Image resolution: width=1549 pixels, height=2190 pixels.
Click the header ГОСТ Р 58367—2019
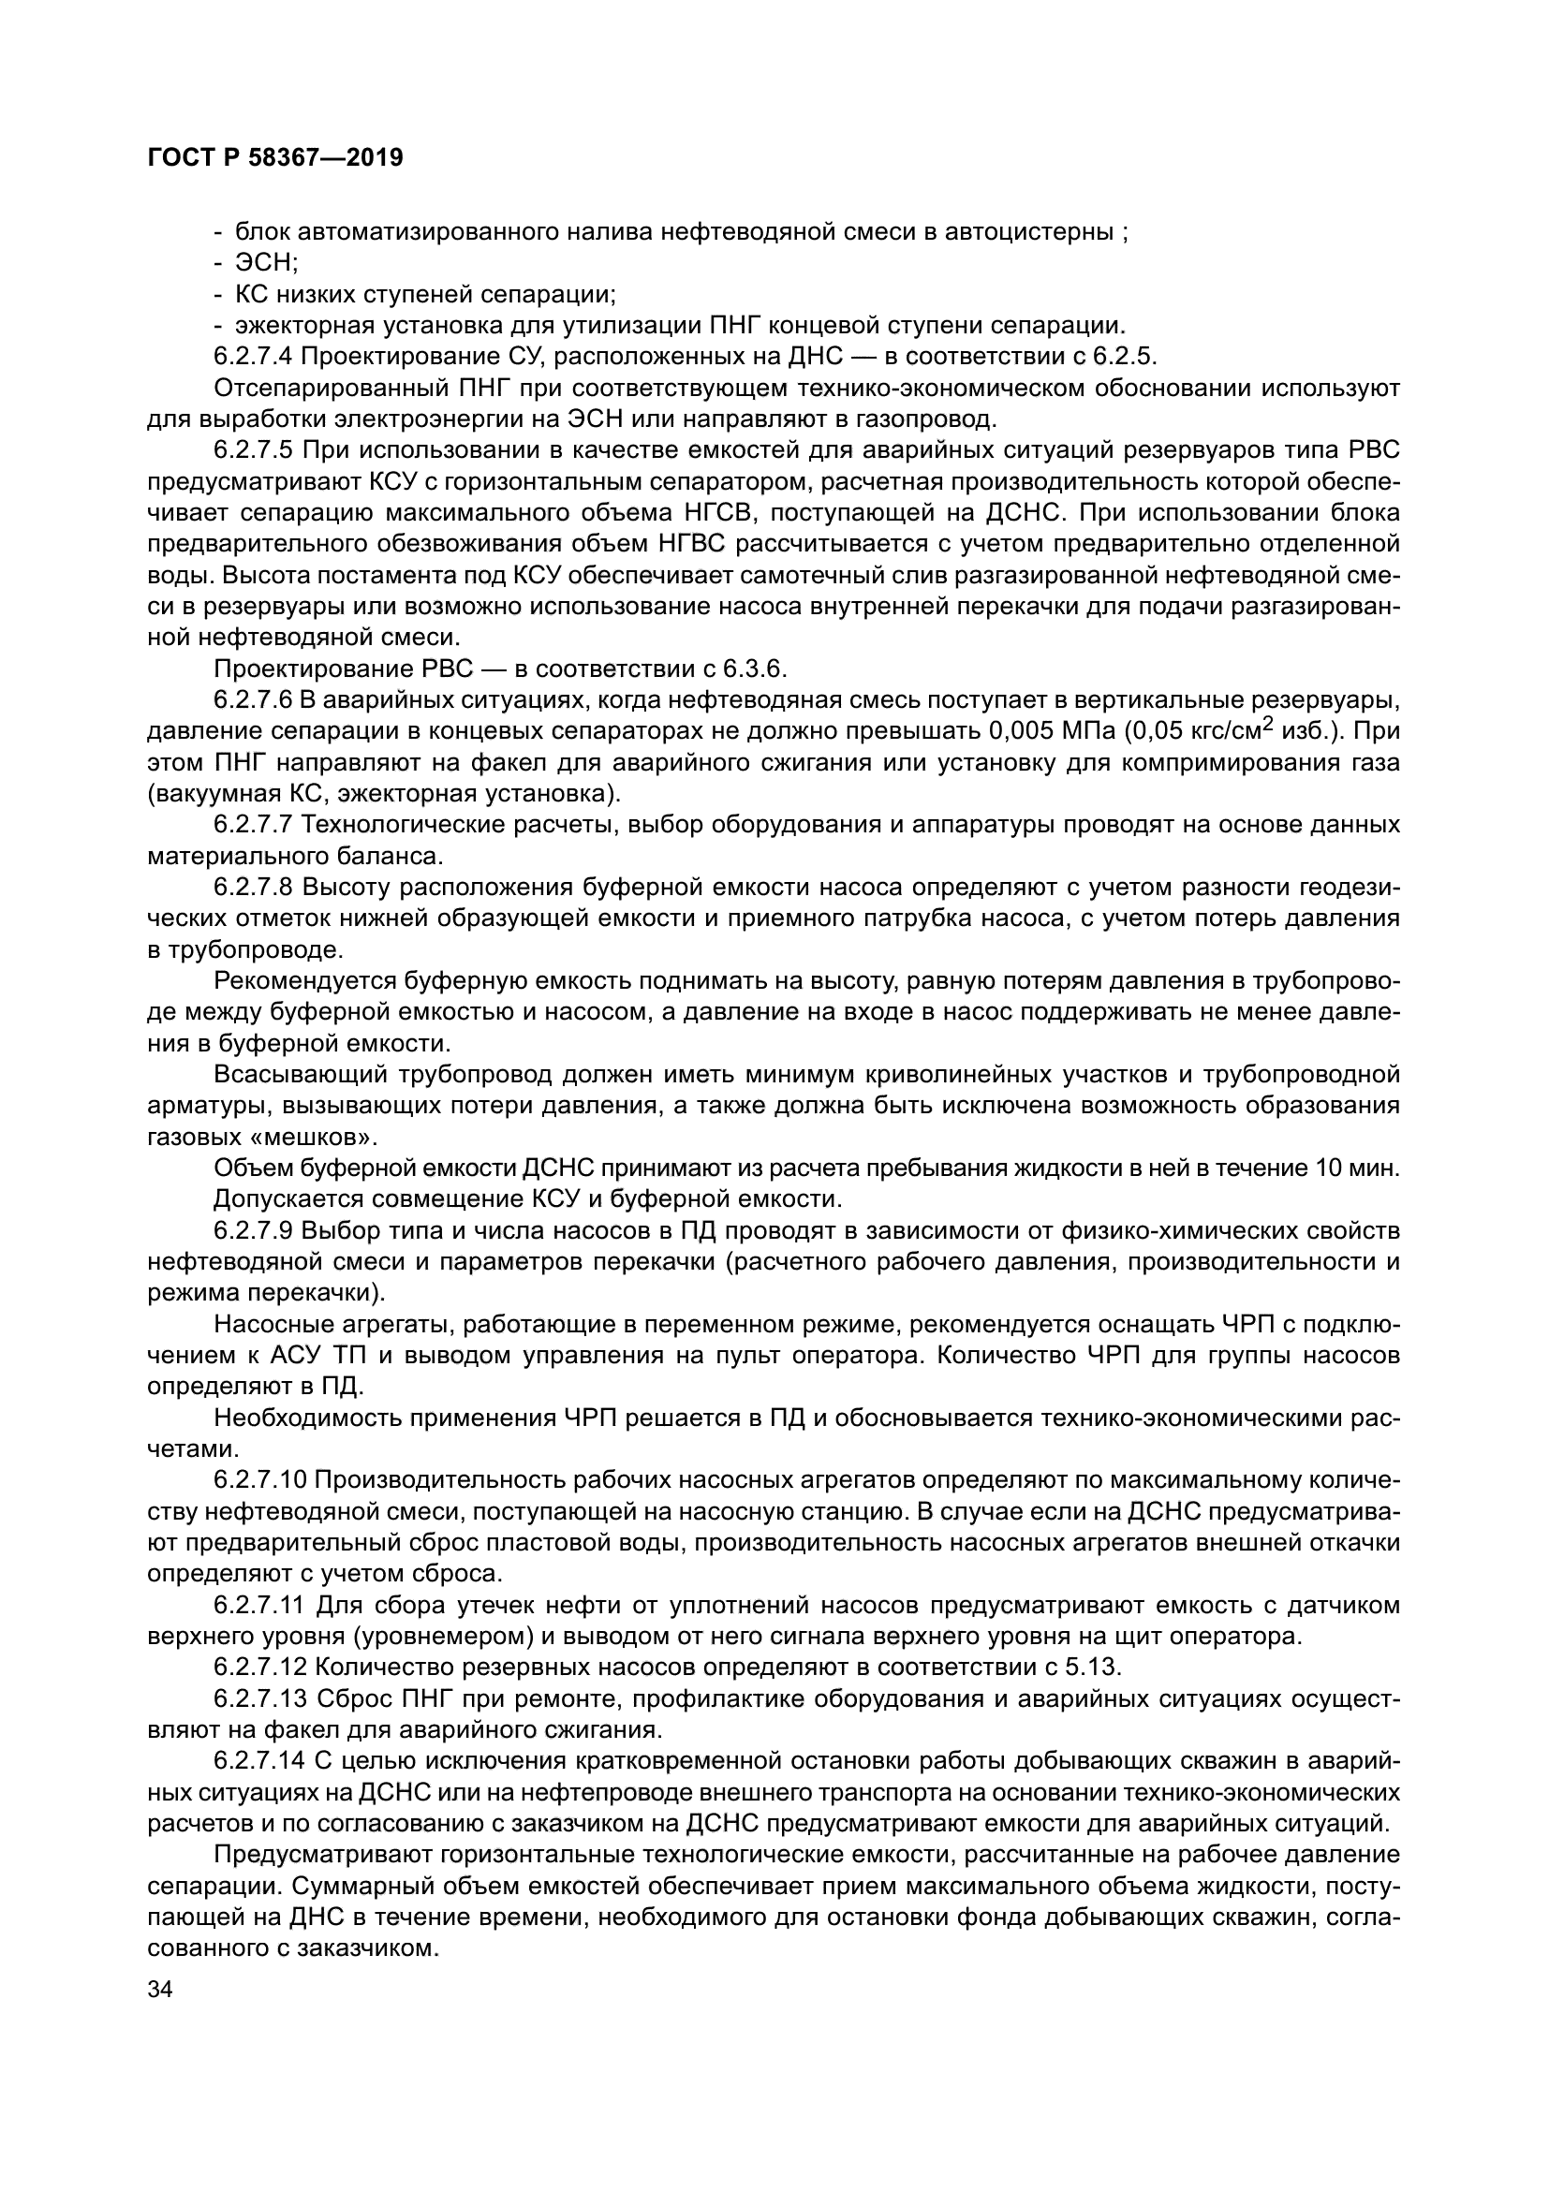(x=275, y=158)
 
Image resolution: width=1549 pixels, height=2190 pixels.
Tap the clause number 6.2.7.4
(x=254, y=357)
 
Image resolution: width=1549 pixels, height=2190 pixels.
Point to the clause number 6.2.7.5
(x=254, y=450)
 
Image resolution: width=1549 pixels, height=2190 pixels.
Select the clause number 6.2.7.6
(x=254, y=700)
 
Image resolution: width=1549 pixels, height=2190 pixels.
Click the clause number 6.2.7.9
(x=254, y=1230)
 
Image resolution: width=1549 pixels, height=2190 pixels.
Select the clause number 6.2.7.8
(x=254, y=887)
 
